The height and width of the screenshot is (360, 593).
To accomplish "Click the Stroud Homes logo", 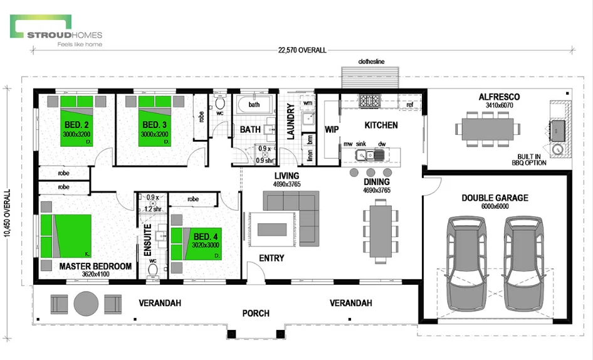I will [x=56, y=32].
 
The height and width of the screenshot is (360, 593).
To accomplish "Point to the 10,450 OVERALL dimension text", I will [x=8, y=213].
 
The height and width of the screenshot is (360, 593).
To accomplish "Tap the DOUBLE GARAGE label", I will [x=495, y=198].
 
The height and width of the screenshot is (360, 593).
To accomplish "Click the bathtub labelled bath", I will [x=254, y=106].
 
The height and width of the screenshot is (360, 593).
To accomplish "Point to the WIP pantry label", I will [x=331, y=130].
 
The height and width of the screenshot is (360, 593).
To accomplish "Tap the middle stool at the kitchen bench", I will [x=370, y=172].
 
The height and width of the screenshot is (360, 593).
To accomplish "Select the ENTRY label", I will [x=271, y=258].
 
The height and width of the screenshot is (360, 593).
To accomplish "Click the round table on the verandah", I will [x=85, y=304].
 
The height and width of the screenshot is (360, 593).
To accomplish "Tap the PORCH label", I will [x=256, y=313].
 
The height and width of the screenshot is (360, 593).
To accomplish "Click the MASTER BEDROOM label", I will [x=95, y=267].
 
